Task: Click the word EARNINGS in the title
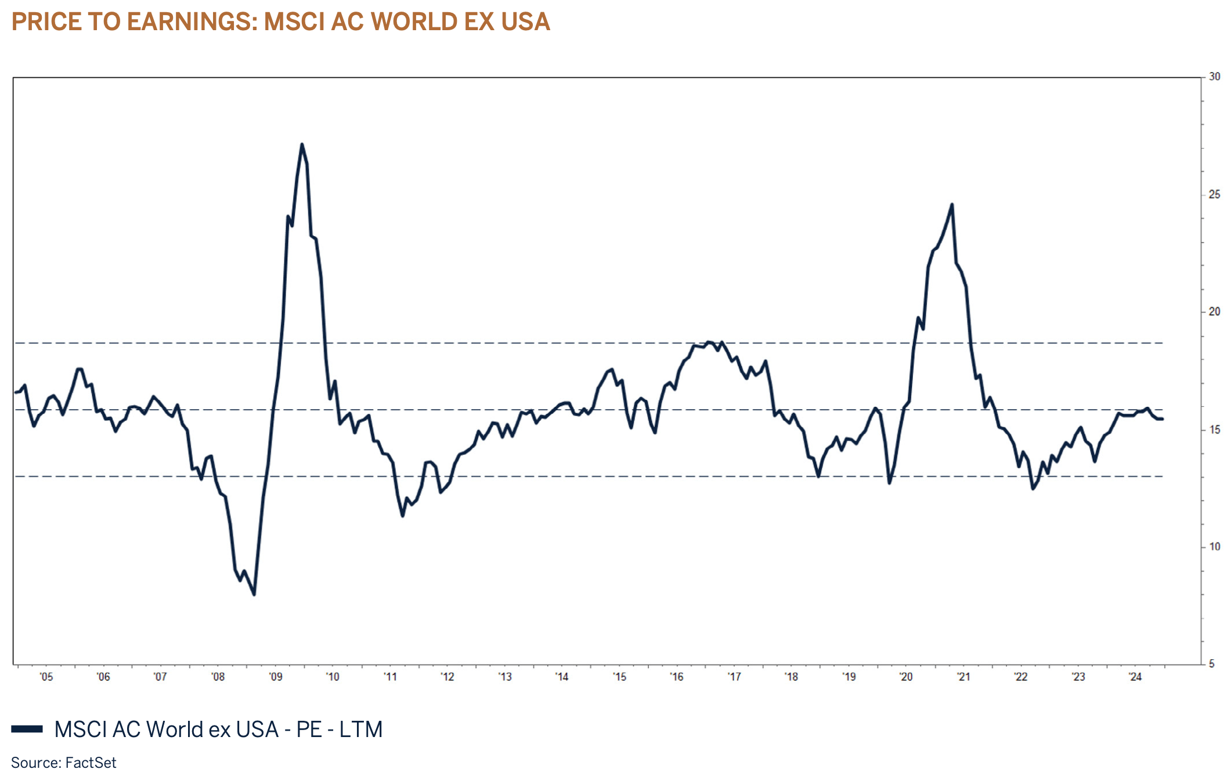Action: [x=192, y=22]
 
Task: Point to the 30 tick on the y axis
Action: [x=1214, y=77]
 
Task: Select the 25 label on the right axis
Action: [x=1214, y=194]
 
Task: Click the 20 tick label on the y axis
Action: [x=1214, y=312]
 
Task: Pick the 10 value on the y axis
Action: [x=1214, y=547]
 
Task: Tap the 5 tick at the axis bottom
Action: [x=1211, y=664]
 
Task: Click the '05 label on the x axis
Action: [x=46, y=677]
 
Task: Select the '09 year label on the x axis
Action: [x=275, y=677]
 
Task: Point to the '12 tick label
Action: [x=447, y=677]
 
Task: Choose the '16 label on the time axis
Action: [x=676, y=677]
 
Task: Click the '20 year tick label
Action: [x=905, y=677]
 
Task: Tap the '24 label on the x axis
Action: [x=1135, y=677]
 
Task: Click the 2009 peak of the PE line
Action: [x=302, y=145]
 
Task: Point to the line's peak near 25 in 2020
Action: [x=952, y=204]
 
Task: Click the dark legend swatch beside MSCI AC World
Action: [x=27, y=730]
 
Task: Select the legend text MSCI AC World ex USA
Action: [x=166, y=730]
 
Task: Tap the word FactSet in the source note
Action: [x=91, y=763]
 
